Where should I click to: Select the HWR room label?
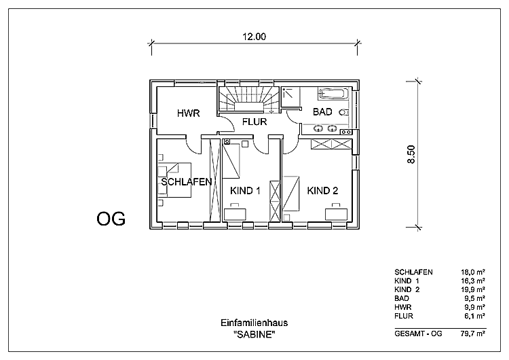click(x=188, y=113)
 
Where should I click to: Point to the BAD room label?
click(x=322, y=111)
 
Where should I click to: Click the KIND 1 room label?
click(x=245, y=192)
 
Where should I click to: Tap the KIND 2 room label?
click(x=322, y=191)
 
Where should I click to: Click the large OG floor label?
click(x=111, y=219)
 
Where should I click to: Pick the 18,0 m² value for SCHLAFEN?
click(x=472, y=272)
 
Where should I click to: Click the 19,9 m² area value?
click(x=472, y=289)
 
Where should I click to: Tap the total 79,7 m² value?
click(x=472, y=333)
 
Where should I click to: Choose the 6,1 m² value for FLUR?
click(x=474, y=316)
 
